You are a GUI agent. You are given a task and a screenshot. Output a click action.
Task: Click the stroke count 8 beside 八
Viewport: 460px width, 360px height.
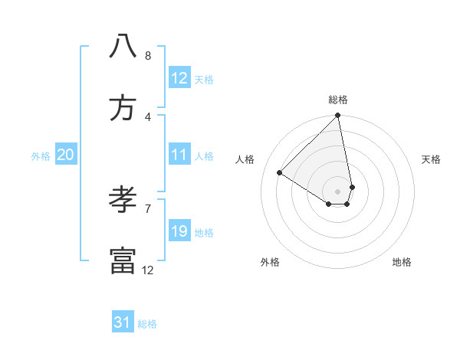148,55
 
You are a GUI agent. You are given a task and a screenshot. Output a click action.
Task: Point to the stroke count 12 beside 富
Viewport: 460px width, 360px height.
148,270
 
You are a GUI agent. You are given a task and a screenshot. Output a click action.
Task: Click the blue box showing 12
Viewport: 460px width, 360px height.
179,78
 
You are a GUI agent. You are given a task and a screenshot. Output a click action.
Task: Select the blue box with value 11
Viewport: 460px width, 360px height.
179,155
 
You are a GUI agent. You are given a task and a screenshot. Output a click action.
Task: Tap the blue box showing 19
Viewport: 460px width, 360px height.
179,231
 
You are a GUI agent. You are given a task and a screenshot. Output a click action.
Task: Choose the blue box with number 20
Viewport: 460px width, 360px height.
65,155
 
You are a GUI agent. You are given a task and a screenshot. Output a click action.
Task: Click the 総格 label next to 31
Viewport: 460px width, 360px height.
147,324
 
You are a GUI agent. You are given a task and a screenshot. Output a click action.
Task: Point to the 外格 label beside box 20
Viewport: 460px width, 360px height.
41,156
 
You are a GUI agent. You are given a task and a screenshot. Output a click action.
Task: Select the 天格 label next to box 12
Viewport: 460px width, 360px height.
204,80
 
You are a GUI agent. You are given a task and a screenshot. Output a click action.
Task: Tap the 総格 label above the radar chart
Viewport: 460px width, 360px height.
338,100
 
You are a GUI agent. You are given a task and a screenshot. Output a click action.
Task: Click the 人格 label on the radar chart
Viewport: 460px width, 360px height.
245,159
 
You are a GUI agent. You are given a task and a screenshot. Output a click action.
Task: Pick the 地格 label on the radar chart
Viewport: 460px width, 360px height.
402,262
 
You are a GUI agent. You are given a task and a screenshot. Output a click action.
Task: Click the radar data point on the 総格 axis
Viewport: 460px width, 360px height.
338,116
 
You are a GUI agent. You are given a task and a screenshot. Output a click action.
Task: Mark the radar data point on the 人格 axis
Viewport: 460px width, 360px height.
280,173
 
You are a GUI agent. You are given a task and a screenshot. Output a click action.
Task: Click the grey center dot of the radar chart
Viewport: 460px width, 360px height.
337,191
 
